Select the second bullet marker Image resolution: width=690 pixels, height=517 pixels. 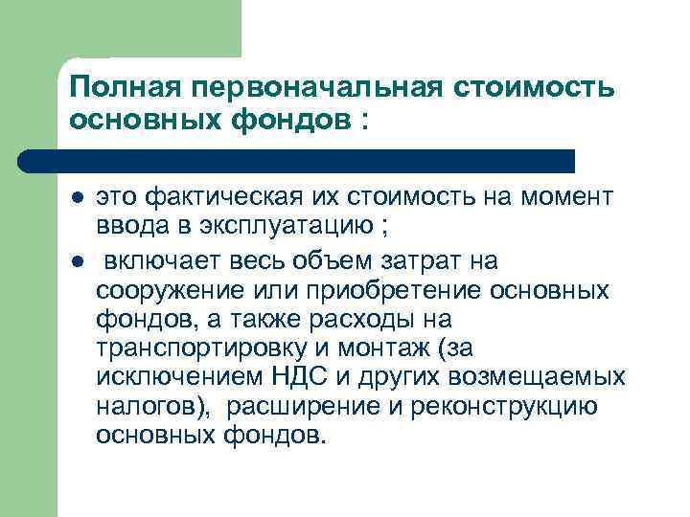coord(78,261)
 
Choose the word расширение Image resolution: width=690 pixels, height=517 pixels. coord(297,406)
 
